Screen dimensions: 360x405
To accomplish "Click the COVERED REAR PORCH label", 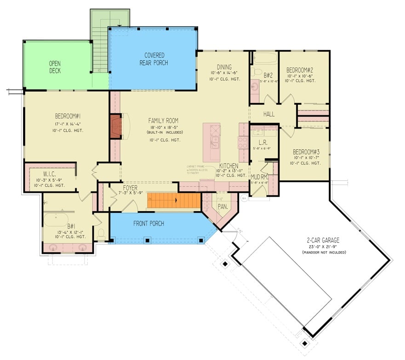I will (154, 59).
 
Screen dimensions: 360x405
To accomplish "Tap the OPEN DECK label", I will (55, 67).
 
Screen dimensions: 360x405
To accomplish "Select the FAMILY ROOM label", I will (163, 120).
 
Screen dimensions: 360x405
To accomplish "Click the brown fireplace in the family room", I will (115, 126).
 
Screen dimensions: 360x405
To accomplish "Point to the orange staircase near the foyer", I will (174, 201).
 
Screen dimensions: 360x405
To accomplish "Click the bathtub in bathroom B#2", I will (264, 58).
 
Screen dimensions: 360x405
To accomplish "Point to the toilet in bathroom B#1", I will (101, 234).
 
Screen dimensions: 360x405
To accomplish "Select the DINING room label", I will (222, 67).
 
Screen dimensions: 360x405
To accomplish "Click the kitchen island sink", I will (214, 140).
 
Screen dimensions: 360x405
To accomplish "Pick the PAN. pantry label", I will (222, 207).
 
